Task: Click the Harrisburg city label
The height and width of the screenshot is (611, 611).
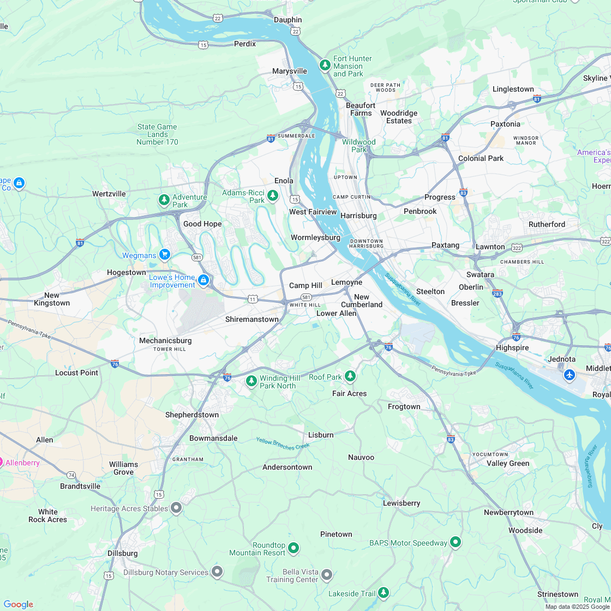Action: [x=358, y=215]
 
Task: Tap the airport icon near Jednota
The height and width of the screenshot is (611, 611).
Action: [x=570, y=375]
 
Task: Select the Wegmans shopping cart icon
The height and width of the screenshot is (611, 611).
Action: [x=164, y=255]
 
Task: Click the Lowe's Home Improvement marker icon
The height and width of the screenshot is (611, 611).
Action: [x=203, y=280]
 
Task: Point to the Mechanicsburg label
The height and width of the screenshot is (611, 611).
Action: [x=165, y=340]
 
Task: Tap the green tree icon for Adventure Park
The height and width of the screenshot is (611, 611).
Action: [x=164, y=200]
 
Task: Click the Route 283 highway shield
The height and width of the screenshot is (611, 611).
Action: [x=498, y=293]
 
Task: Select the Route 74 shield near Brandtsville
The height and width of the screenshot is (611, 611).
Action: [x=71, y=475]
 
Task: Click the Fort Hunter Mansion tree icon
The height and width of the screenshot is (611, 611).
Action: [x=325, y=65]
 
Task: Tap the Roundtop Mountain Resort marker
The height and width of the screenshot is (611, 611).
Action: [x=293, y=547]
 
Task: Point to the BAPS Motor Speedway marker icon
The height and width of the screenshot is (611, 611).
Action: [x=456, y=542]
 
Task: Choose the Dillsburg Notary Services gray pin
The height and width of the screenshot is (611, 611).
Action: [x=217, y=572]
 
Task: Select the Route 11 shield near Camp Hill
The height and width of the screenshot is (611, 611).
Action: [x=253, y=299]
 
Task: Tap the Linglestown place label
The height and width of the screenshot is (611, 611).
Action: [x=513, y=89]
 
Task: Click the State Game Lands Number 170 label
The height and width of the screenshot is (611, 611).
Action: [x=157, y=134]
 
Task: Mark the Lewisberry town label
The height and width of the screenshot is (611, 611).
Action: [x=402, y=503]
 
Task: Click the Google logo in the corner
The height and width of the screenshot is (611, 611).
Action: [x=18, y=604]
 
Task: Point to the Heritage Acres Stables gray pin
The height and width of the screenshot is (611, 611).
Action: [x=176, y=508]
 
